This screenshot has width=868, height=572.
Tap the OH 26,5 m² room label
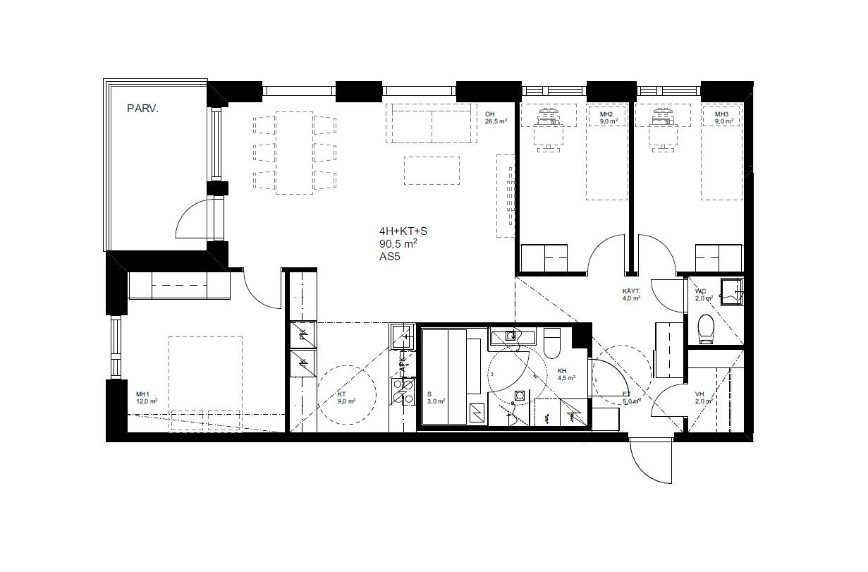pyautogui.click(x=496, y=117)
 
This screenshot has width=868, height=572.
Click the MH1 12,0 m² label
pyautogui.click(x=146, y=397)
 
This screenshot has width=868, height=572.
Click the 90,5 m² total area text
pyautogui.click(x=398, y=244)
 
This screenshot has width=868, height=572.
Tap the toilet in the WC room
pyautogui.click(x=706, y=328)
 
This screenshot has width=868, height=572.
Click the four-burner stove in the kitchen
pyautogui.click(x=405, y=392)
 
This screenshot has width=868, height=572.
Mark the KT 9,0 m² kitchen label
pyautogui.click(x=346, y=397)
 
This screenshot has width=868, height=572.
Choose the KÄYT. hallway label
pyautogui.click(x=630, y=294)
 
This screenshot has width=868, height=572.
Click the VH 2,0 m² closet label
pyautogui.click(x=703, y=397)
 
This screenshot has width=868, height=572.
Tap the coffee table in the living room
pyautogui.click(x=432, y=170)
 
